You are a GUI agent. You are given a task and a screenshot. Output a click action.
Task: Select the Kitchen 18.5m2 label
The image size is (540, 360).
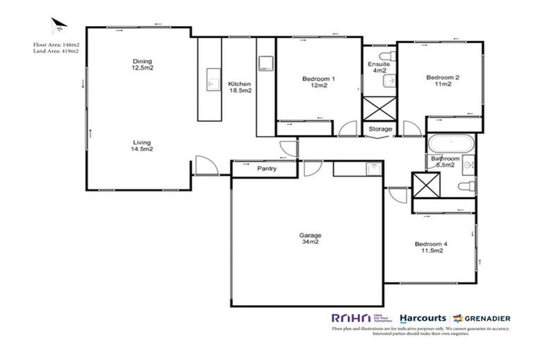tap(240, 87)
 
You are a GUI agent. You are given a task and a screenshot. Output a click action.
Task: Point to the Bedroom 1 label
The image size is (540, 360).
tap(318, 82)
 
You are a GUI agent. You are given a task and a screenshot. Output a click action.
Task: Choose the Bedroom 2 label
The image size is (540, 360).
tap(443, 81)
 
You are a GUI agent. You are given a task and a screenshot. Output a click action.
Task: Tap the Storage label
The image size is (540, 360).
tap(381, 129)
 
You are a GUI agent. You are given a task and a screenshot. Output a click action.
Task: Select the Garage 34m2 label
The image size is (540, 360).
tap(309, 238)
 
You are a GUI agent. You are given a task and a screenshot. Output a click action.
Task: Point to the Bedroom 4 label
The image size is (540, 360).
tap(432, 247)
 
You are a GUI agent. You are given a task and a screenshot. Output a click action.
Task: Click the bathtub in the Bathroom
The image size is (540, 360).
tap(450, 143)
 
